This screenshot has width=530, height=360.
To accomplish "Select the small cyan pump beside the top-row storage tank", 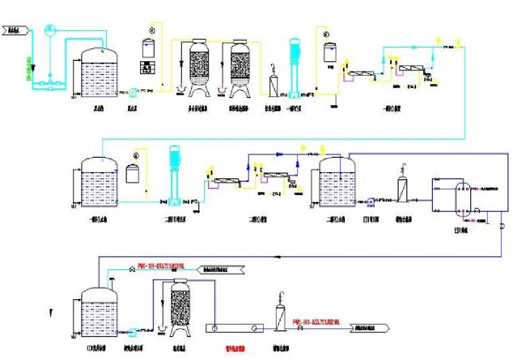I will [x=132, y=92].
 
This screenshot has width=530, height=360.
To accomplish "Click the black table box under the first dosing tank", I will [x=147, y=67].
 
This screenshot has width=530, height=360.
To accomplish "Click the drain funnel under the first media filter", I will [x=180, y=91].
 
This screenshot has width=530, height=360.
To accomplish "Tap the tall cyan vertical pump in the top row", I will [x=295, y=67].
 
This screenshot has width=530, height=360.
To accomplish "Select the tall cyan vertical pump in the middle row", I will [x=173, y=174].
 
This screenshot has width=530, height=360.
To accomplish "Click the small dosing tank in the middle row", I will [x=134, y=173].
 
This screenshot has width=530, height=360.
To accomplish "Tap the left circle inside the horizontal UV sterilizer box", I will [x=215, y=327].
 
